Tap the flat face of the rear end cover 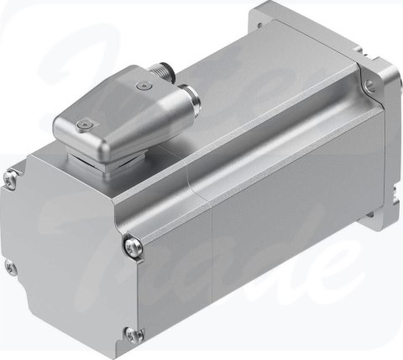click(x=67, y=252)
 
